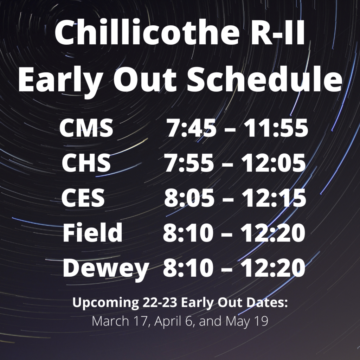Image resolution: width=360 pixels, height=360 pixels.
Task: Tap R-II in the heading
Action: (x=277, y=33)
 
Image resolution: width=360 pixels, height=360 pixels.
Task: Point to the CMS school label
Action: (x=86, y=128)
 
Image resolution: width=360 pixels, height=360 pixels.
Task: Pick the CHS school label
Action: (x=86, y=163)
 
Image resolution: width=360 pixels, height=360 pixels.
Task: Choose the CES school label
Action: (x=83, y=198)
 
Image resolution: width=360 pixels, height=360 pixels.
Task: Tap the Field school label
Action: (x=92, y=232)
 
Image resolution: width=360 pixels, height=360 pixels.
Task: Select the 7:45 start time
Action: (x=191, y=128)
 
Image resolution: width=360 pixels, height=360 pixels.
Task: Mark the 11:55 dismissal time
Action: (x=276, y=128)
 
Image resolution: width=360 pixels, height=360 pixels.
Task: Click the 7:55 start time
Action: (x=189, y=163)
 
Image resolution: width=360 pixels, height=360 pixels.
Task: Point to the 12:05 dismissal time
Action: (x=274, y=163)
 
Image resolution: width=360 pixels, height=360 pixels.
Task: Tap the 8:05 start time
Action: (x=189, y=198)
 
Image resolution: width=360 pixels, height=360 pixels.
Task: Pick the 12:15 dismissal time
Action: (x=274, y=198)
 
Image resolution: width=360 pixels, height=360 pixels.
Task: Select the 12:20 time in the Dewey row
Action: (x=273, y=268)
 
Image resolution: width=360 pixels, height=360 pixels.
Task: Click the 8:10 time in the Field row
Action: (x=188, y=233)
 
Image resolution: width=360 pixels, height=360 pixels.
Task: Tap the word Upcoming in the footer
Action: (x=105, y=303)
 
